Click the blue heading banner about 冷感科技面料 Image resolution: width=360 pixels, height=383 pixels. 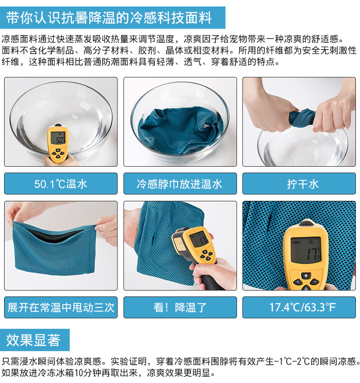coord(113,18)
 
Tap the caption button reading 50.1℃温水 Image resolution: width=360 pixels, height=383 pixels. coord(61,184)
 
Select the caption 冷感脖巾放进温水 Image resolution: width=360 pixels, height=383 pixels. coord(180,184)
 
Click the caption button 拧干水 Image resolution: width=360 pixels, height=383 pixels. coord(299,184)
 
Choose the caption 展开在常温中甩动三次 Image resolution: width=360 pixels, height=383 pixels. coord(61,307)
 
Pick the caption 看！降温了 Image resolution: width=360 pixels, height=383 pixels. coord(180,307)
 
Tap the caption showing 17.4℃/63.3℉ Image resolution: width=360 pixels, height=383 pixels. coord(299,307)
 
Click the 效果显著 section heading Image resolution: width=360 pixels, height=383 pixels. coord(35,340)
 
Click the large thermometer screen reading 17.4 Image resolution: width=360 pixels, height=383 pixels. coord(306,250)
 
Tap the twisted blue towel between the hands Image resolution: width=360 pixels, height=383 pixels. coord(302,118)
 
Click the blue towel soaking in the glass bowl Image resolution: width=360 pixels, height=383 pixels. coord(180,129)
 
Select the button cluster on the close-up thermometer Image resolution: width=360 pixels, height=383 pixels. coord(305,281)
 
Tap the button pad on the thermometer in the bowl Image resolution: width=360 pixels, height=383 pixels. coord(58,153)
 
